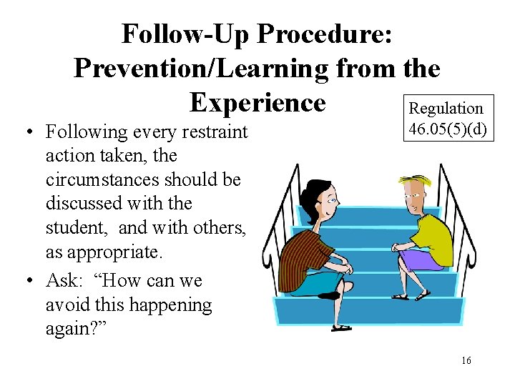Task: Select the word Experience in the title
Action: click(257, 102)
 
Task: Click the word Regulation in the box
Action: click(446, 109)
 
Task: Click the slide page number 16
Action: click(466, 361)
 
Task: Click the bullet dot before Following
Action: click(25, 132)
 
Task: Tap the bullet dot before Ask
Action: click(25, 280)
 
